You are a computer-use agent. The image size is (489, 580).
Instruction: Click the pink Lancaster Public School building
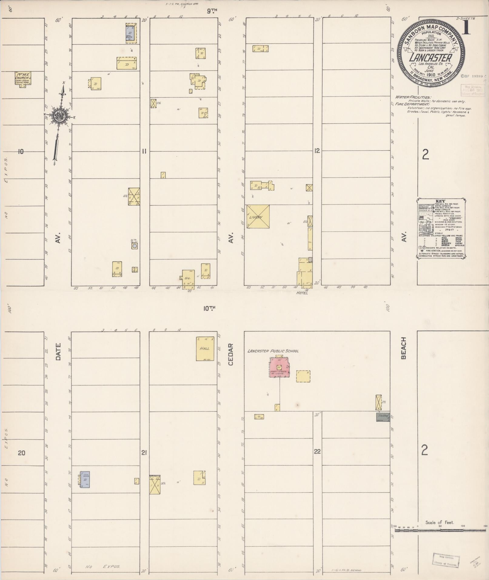(x=279, y=367)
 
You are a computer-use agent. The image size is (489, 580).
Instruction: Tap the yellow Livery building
(x=258, y=216)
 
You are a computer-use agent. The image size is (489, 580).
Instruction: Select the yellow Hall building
(x=206, y=349)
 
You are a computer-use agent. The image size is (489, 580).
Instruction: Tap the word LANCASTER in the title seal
(x=431, y=58)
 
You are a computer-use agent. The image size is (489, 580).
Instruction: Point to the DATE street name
(x=58, y=352)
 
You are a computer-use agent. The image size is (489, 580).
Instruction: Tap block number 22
(x=317, y=451)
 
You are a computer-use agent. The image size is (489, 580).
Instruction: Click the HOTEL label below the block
(x=302, y=293)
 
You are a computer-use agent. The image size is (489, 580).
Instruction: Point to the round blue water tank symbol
(x=135, y=246)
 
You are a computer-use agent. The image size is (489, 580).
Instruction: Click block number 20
(x=21, y=453)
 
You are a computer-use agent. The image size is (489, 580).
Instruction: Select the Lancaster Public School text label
(x=273, y=351)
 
